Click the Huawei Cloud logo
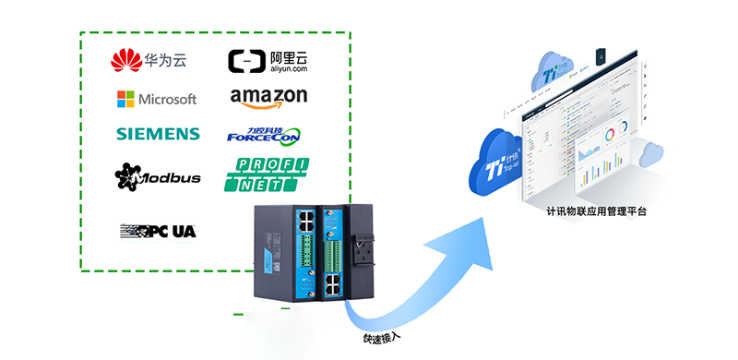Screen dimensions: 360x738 pyautogui.click(x=149, y=61)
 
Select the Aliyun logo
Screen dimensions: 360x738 pyautogui.click(x=268, y=61)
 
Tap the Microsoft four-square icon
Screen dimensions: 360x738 pyautogui.click(x=125, y=99)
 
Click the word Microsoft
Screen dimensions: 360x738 pyautogui.click(x=167, y=99)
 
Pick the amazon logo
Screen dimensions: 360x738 pyautogui.click(x=268, y=97)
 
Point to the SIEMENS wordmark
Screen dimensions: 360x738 pyautogui.click(x=158, y=134)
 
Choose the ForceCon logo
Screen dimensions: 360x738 pyautogui.click(x=264, y=135)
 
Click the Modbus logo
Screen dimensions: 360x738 pyautogui.click(x=158, y=176)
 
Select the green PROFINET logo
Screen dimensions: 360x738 pyautogui.click(x=267, y=174)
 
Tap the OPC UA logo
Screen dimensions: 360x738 pyautogui.click(x=158, y=230)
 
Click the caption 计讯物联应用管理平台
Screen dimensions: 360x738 pyautogui.click(x=596, y=211)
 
